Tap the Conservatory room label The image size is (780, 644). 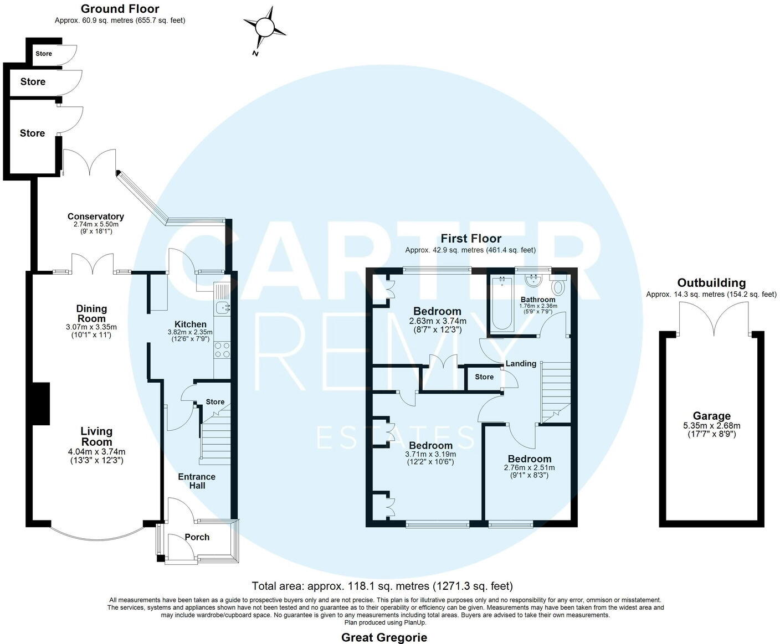(x=96, y=217)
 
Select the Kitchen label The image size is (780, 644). (x=191, y=324)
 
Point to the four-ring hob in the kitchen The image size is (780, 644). (x=222, y=349)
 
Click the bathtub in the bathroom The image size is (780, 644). (x=501, y=305)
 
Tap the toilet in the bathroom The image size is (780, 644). (x=558, y=287)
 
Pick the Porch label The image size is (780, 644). (x=197, y=537)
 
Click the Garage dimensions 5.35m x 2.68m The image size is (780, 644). (x=712, y=426)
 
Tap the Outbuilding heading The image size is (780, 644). (x=711, y=283)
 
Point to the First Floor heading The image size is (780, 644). (x=470, y=239)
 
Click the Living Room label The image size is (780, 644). (x=96, y=436)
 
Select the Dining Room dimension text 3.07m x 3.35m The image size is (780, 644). (x=91, y=327)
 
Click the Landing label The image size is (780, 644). (x=521, y=364)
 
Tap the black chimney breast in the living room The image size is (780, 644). (x=40, y=404)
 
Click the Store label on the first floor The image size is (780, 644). (x=484, y=377)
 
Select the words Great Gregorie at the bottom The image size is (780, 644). (x=384, y=637)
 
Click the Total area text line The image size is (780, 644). (x=382, y=586)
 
